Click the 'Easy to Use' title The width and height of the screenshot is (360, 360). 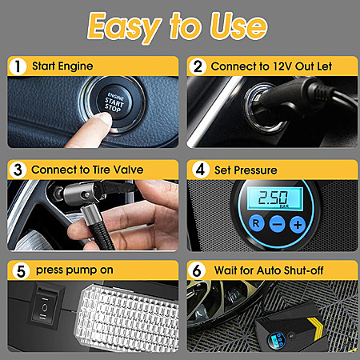(x=178, y=26)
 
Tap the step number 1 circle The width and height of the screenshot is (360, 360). (x=18, y=66)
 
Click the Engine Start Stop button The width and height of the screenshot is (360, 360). (x=114, y=103)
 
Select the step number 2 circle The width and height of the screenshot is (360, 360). (x=198, y=66)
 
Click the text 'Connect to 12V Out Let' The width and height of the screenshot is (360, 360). (x=271, y=66)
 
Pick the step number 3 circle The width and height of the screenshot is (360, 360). (x=18, y=170)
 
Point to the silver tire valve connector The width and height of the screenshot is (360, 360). (x=80, y=194)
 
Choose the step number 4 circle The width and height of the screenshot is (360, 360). (x=200, y=170)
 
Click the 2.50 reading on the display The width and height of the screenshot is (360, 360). (x=273, y=198)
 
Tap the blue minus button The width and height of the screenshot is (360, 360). (x=278, y=224)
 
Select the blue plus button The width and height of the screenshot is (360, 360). (x=298, y=225)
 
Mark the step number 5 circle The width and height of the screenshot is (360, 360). (x=21, y=271)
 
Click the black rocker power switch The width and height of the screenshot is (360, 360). (x=44, y=306)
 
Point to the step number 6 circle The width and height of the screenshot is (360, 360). (x=197, y=270)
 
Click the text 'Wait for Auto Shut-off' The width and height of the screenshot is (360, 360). (x=269, y=270)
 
